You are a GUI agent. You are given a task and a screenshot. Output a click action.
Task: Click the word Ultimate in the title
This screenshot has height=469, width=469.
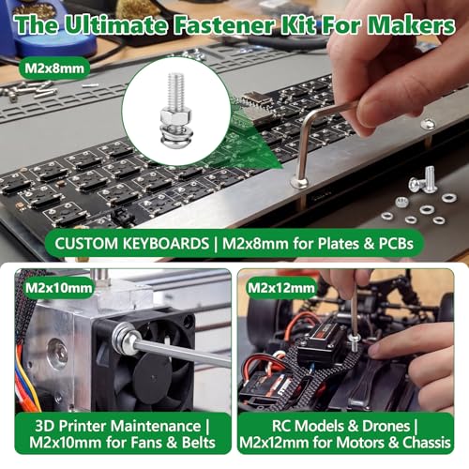pos(115,24)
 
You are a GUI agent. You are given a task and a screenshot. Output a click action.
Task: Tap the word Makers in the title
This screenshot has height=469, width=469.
pos(411,24)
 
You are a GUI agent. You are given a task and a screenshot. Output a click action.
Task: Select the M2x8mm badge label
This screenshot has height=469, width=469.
pos(54,68)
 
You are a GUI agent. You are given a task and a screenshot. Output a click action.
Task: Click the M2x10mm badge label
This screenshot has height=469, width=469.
pos(59,288)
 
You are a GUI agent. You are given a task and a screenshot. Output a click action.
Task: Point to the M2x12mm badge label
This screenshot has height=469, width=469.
pos(280,288)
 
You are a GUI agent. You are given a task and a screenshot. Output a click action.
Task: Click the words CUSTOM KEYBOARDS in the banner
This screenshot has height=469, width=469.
pos(131,243)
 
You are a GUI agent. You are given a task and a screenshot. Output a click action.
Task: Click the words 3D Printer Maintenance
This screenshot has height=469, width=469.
pos(117,426)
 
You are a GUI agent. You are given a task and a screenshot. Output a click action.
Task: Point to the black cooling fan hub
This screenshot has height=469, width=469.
pos(153,373)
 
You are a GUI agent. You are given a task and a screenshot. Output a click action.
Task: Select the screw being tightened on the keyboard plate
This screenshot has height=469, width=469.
pos(299,183)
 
